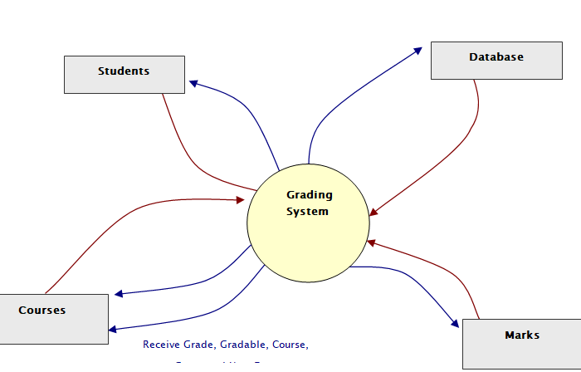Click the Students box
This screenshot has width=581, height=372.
tap(124, 74)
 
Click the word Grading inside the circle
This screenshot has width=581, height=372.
tap(310, 195)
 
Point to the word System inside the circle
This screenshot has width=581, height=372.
tap(308, 211)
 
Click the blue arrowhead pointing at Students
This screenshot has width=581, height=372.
tap(193, 82)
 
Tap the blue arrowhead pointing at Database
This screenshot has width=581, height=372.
tap(417, 51)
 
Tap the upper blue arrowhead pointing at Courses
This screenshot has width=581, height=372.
tap(120, 294)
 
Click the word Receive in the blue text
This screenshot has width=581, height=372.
tap(160, 345)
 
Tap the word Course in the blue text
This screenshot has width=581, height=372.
tap(290, 345)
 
